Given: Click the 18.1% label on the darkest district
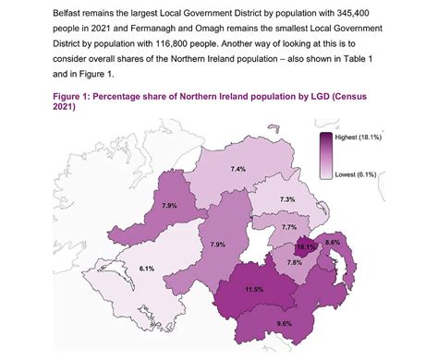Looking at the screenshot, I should pyautogui.click(x=306, y=248).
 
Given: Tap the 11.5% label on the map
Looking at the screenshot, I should pyautogui.click(x=254, y=289).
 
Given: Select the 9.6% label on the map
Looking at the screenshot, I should pyautogui.click(x=284, y=324).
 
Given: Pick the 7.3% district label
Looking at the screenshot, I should pyautogui.click(x=287, y=199).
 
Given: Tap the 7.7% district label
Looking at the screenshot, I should pyautogui.click(x=289, y=227).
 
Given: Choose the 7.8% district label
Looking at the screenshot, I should pyautogui.click(x=295, y=262).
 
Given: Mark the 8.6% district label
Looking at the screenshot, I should pyautogui.click(x=334, y=243).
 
